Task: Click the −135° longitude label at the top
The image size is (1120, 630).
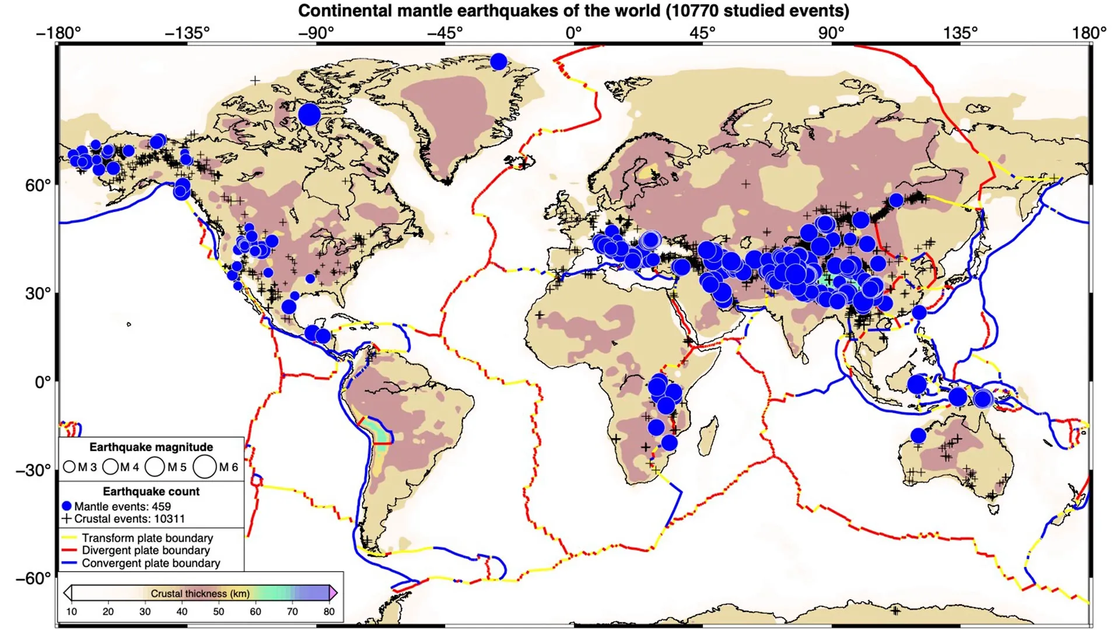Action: (x=187, y=33)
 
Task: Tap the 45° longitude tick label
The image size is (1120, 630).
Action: (x=702, y=33)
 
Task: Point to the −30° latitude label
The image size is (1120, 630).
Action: (x=33, y=470)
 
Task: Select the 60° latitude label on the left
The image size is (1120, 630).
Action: (x=38, y=185)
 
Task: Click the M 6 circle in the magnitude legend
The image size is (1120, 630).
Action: (x=205, y=467)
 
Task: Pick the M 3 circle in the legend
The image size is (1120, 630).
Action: (x=69, y=467)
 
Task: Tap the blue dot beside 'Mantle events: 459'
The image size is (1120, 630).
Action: (x=66, y=506)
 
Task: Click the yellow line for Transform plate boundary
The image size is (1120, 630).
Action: (x=69, y=537)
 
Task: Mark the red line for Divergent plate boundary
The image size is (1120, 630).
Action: (x=69, y=550)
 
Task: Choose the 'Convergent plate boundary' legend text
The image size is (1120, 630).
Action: (x=150, y=563)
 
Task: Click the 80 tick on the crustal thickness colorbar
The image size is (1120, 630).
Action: (x=329, y=611)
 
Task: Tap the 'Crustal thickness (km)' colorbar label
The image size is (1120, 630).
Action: (x=200, y=593)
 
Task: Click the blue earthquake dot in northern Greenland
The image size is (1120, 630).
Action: (x=498, y=61)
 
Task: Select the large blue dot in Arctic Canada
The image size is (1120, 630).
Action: (x=309, y=114)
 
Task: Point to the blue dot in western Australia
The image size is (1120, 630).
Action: (x=918, y=435)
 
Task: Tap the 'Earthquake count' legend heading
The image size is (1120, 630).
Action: (x=151, y=491)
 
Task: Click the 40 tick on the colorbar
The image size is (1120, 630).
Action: (x=181, y=611)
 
